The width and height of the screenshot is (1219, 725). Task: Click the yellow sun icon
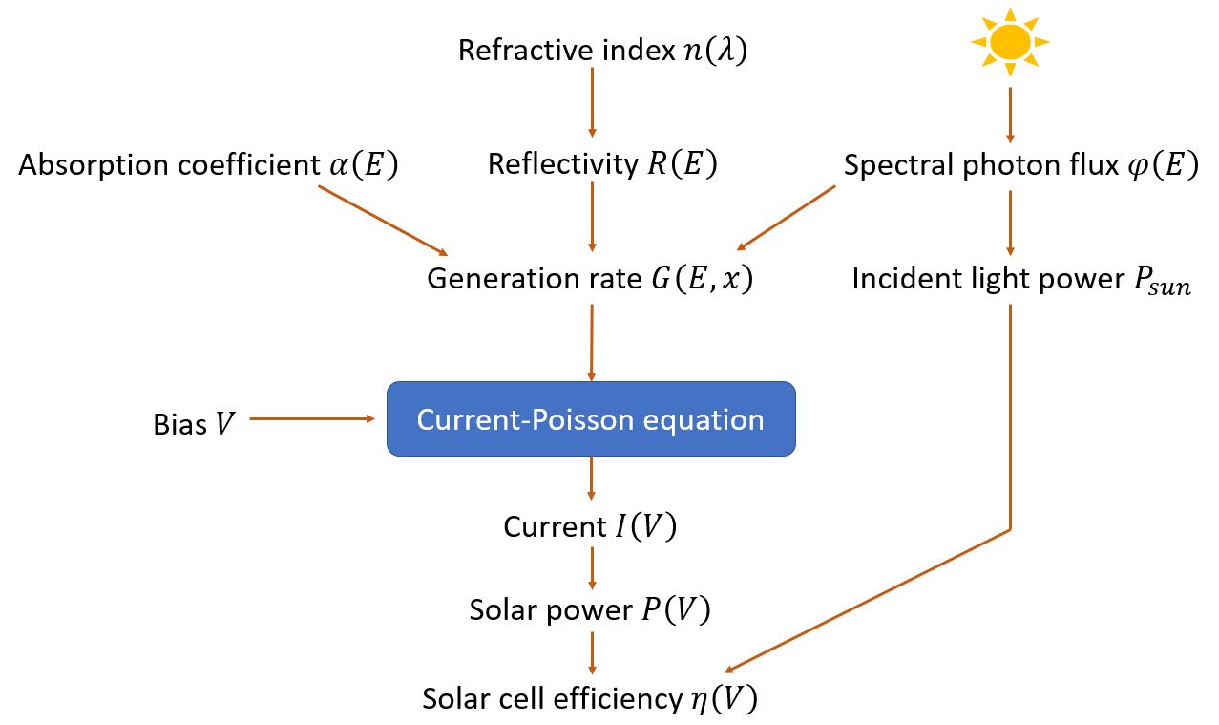1010,42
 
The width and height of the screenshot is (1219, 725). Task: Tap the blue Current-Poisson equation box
591,418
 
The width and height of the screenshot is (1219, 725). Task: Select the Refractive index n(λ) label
602,50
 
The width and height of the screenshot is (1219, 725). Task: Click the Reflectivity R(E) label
601,164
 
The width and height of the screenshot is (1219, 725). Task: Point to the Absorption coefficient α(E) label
208,165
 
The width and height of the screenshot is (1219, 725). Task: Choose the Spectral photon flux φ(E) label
1020,165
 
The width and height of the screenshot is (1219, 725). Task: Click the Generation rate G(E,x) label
590,279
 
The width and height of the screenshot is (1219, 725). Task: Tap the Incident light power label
1020,280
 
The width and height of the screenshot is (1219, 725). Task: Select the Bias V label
193,424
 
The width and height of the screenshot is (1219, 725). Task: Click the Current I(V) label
590,527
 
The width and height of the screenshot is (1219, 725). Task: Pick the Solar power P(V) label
590,610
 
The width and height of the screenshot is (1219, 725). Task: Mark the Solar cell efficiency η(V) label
590,698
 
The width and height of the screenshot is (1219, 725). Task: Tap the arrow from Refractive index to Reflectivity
592,105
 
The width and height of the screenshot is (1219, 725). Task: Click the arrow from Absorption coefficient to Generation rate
382,220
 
